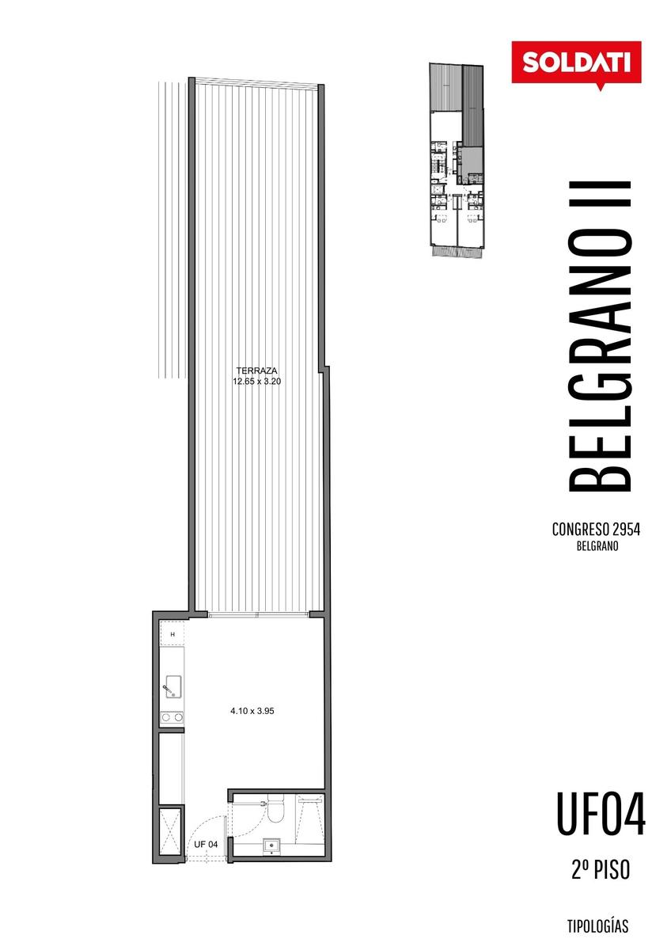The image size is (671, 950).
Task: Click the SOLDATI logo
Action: click(x=576, y=63)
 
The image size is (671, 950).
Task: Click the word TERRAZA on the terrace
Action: click(x=256, y=370)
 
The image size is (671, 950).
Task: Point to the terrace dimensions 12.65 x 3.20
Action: click(x=256, y=382)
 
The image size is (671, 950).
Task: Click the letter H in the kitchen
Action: click(x=172, y=635)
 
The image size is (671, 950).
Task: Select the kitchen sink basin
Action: click(x=173, y=687)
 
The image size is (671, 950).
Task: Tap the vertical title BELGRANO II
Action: click(x=600, y=336)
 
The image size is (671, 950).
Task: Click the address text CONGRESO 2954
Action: click(x=596, y=530)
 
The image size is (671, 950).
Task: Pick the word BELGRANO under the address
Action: click(x=597, y=547)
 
